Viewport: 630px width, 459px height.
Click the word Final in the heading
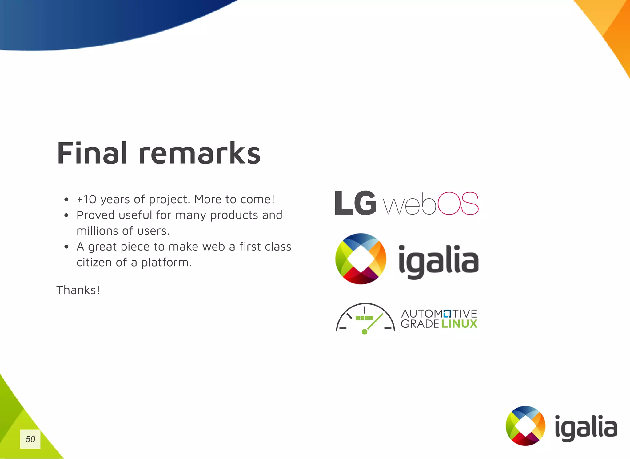(92, 153)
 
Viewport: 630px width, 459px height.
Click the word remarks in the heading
(199, 153)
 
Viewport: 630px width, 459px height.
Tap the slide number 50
(30, 439)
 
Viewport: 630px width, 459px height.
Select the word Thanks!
(78, 290)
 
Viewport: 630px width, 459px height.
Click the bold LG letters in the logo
(355, 203)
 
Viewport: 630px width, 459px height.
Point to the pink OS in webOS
(458, 204)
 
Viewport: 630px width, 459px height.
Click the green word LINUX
(459, 324)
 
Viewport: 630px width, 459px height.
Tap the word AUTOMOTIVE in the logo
(439, 314)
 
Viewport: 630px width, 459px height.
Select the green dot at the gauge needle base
(365, 332)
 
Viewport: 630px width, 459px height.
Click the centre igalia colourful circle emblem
(361, 259)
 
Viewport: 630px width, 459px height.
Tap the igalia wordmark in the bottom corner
(586, 428)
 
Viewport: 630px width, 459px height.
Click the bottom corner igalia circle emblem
(525, 426)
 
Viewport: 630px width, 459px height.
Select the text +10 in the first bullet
(86, 200)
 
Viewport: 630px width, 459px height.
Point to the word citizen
(94, 263)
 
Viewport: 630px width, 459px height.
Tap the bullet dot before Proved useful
(66, 216)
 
